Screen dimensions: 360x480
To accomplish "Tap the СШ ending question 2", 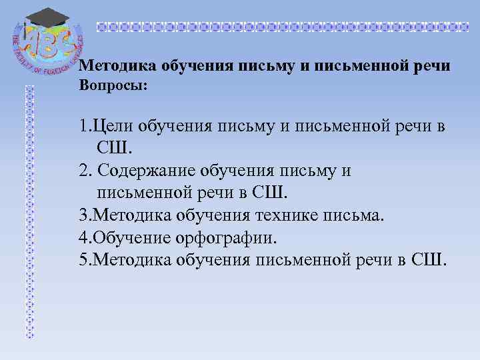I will pyautogui.click(x=271, y=193).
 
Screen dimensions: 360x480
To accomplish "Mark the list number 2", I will pyautogui.click(x=83, y=171).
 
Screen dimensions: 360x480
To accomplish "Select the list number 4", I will pyautogui.click(x=83, y=237).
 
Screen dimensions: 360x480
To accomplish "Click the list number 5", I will pyautogui.click(x=83, y=259).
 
